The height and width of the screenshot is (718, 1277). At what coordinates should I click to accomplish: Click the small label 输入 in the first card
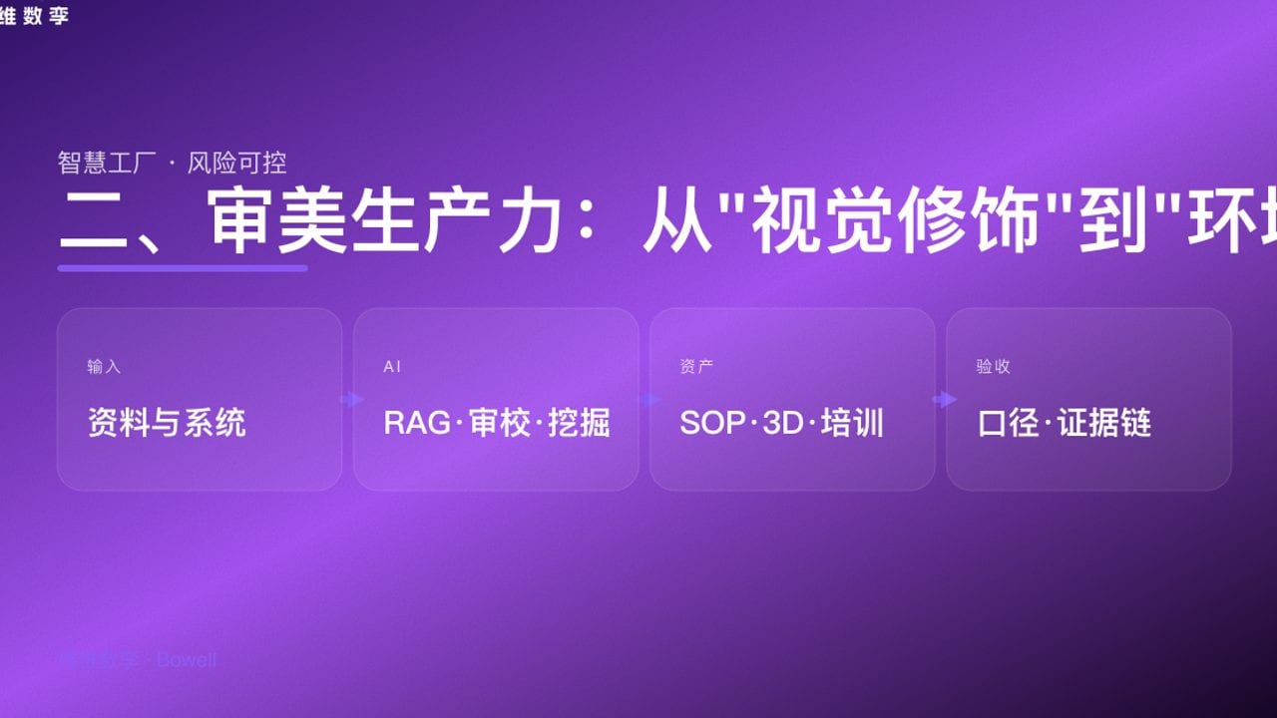click(104, 367)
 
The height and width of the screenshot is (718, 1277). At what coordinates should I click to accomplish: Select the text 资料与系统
click(167, 423)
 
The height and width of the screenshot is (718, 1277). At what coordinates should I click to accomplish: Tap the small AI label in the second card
click(392, 367)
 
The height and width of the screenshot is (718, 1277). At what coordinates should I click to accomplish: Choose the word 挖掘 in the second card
click(580, 423)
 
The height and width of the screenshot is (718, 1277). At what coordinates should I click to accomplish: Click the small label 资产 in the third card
click(696, 367)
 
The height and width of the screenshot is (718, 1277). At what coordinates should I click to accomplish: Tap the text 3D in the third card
click(783, 423)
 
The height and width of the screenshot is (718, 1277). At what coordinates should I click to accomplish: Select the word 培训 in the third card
click(853, 423)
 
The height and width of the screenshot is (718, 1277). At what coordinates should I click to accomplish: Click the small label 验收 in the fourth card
click(993, 367)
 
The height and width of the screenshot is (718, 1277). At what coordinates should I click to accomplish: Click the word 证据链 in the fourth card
click(1104, 423)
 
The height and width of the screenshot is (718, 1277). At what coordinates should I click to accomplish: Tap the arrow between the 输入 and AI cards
click(351, 400)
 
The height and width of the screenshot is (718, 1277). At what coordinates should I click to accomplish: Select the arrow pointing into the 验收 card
click(944, 400)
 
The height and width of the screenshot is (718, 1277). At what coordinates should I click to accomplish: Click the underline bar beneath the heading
click(183, 268)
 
